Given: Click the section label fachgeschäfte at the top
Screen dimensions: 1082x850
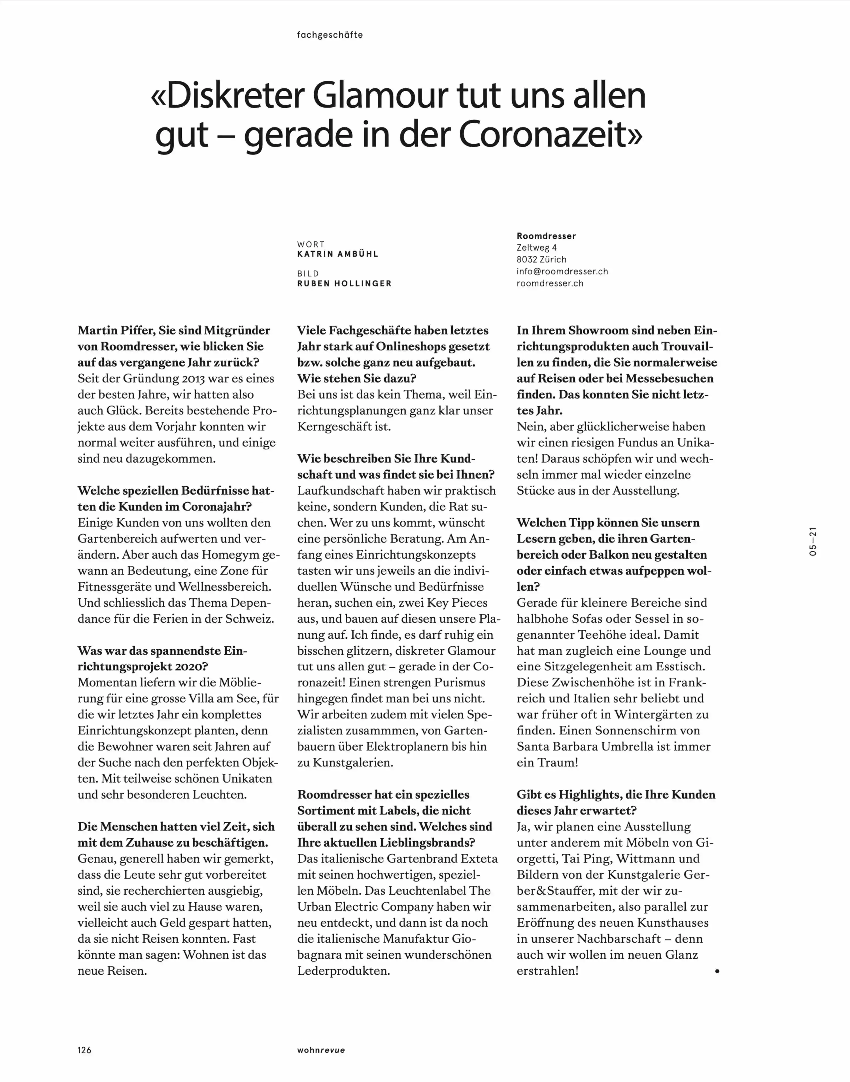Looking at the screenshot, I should point(330,35).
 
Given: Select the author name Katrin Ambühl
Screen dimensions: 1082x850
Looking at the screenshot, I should point(337,254).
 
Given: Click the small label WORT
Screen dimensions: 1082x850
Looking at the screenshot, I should point(311,244).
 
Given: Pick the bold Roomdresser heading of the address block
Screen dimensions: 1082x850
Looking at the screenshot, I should point(546,236).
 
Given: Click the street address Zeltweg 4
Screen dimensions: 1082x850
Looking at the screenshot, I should point(536,247).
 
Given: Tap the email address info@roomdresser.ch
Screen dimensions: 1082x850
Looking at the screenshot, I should point(562,271).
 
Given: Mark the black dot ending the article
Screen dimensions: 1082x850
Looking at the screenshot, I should point(717,971).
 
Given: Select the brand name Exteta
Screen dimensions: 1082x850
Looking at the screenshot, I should point(479,858).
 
